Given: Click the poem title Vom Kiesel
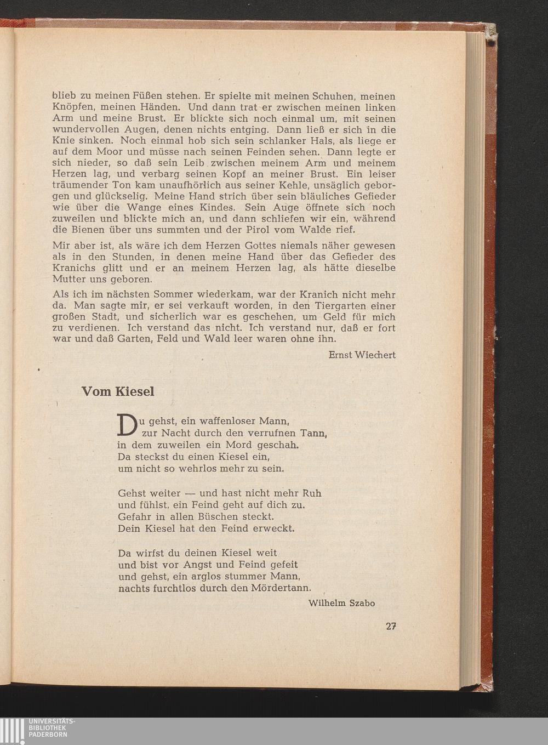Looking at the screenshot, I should (118, 391).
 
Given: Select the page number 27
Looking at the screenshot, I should (391, 627).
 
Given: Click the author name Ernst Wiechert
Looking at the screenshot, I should (362, 355).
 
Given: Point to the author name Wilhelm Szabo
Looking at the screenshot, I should (341, 603).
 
